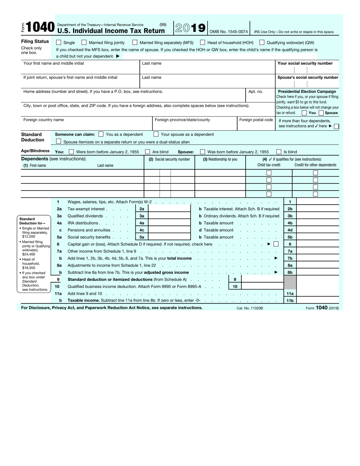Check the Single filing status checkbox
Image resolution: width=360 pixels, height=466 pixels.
(x=58, y=43)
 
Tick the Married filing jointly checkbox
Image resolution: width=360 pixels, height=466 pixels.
(x=84, y=43)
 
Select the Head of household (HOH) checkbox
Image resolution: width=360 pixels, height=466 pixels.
(x=203, y=43)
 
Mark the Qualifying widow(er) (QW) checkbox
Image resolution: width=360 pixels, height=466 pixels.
(x=262, y=43)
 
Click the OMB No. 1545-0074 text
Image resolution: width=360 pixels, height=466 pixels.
(x=229, y=32)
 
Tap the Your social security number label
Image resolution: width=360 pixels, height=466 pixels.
(x=305, y=64)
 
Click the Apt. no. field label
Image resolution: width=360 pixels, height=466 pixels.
(x=255, y=92)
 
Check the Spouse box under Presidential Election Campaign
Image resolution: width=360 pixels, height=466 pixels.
(x=321, y=113)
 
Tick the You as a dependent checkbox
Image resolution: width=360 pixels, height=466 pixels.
(x=101, y=134)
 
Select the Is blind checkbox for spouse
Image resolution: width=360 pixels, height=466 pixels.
(x=279, y=152)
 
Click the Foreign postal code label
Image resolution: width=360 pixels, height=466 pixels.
(x=256, y=120)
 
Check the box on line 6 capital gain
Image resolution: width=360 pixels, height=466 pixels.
(x=276, y=244)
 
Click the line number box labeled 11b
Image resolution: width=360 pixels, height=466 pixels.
(x=290, y=300)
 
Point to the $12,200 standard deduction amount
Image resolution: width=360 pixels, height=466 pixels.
(x=28, y=237)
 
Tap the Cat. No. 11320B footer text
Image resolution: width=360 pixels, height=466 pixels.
(x=249, y=308)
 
